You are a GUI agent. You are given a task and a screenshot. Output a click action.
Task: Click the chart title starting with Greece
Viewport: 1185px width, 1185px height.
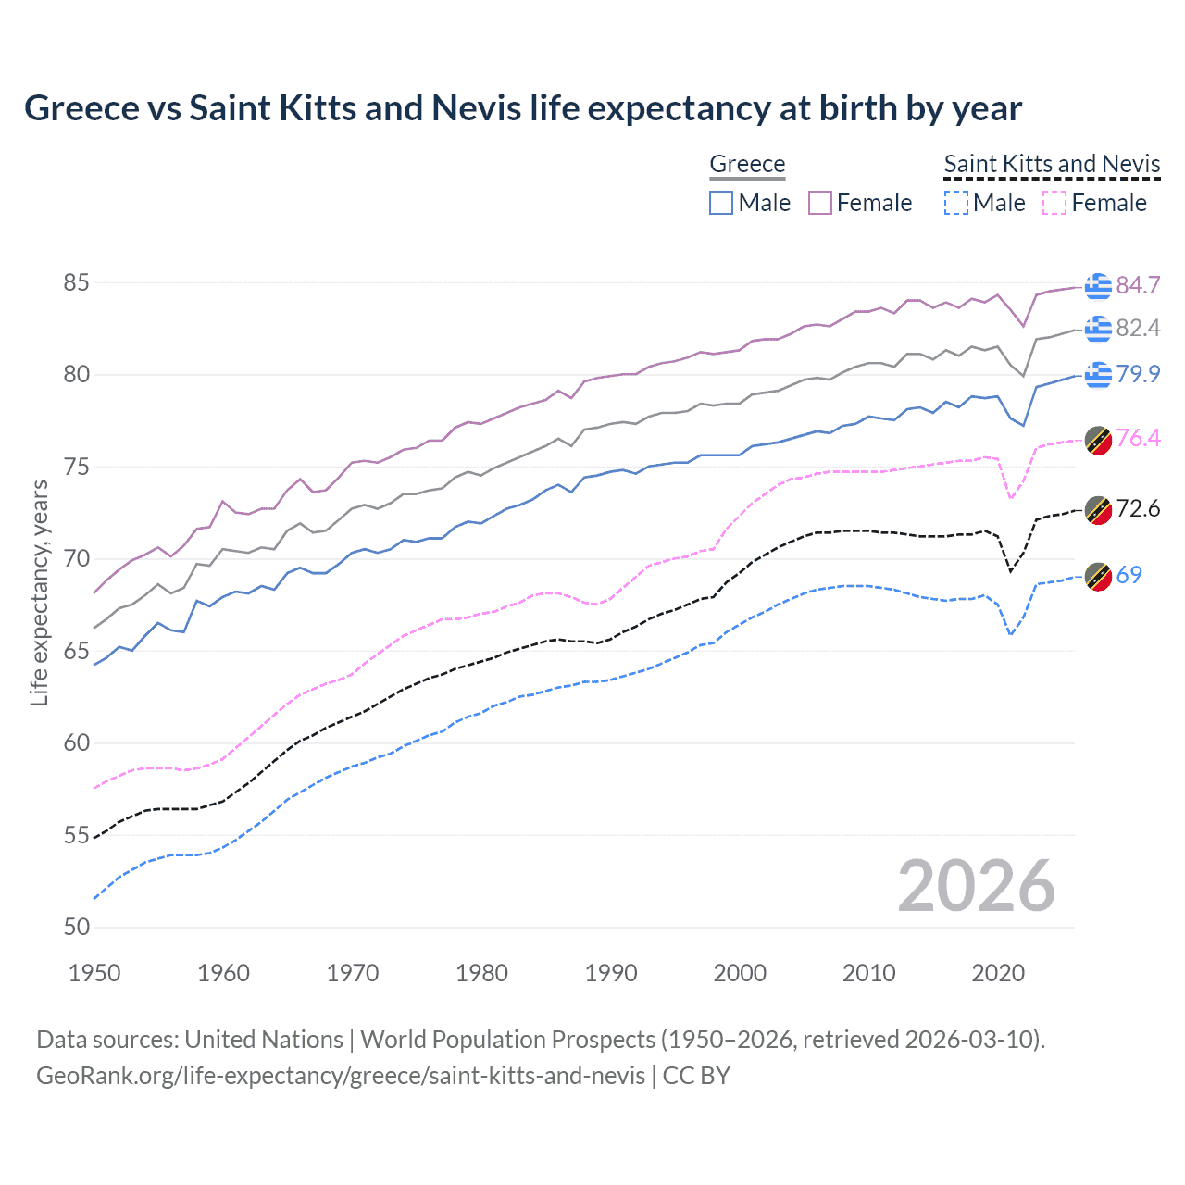coord(523,108)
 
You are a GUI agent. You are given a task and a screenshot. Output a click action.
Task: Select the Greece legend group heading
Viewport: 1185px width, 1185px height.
coord(747,164)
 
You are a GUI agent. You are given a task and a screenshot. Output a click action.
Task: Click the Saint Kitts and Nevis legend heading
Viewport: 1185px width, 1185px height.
coord(1052,164)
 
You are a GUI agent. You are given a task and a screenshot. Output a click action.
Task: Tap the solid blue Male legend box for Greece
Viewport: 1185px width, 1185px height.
coord(721,203)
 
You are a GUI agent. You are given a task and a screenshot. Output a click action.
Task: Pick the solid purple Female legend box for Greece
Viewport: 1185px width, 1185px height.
coord(820,203)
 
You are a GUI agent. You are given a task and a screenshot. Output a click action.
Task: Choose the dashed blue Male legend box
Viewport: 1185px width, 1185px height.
coord(956,203)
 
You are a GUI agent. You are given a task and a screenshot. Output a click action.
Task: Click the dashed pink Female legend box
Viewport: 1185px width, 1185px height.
coord(1055,203)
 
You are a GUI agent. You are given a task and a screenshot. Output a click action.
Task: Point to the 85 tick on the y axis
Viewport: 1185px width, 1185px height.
coord(76,282)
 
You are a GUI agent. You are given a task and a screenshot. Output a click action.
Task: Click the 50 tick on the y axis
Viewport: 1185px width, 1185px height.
coord(76,927)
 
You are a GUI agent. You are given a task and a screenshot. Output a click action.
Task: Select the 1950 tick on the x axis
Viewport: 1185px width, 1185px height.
coord(94,973)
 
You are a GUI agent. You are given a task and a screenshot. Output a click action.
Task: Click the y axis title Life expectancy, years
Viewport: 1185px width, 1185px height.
coord(39,592)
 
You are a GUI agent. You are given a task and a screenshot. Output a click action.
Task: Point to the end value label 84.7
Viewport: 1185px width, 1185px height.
coord(1138,285)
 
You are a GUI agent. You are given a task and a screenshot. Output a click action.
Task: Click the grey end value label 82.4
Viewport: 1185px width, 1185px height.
coord(1138,328)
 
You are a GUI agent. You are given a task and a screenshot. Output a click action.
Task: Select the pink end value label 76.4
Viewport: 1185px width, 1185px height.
coord(1138,438)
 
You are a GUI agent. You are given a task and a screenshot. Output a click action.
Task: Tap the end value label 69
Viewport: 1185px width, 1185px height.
coord(1129,575)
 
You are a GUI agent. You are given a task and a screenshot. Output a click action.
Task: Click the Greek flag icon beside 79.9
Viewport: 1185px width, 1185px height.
coord(1098,374)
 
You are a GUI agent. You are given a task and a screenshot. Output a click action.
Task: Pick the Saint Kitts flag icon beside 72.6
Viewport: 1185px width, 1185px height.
coord(1098,509)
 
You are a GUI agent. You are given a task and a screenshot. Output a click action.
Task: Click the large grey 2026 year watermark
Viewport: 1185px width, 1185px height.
coord(976,886)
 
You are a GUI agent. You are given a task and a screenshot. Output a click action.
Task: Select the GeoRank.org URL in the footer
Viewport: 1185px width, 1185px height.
coord(340,1076)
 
